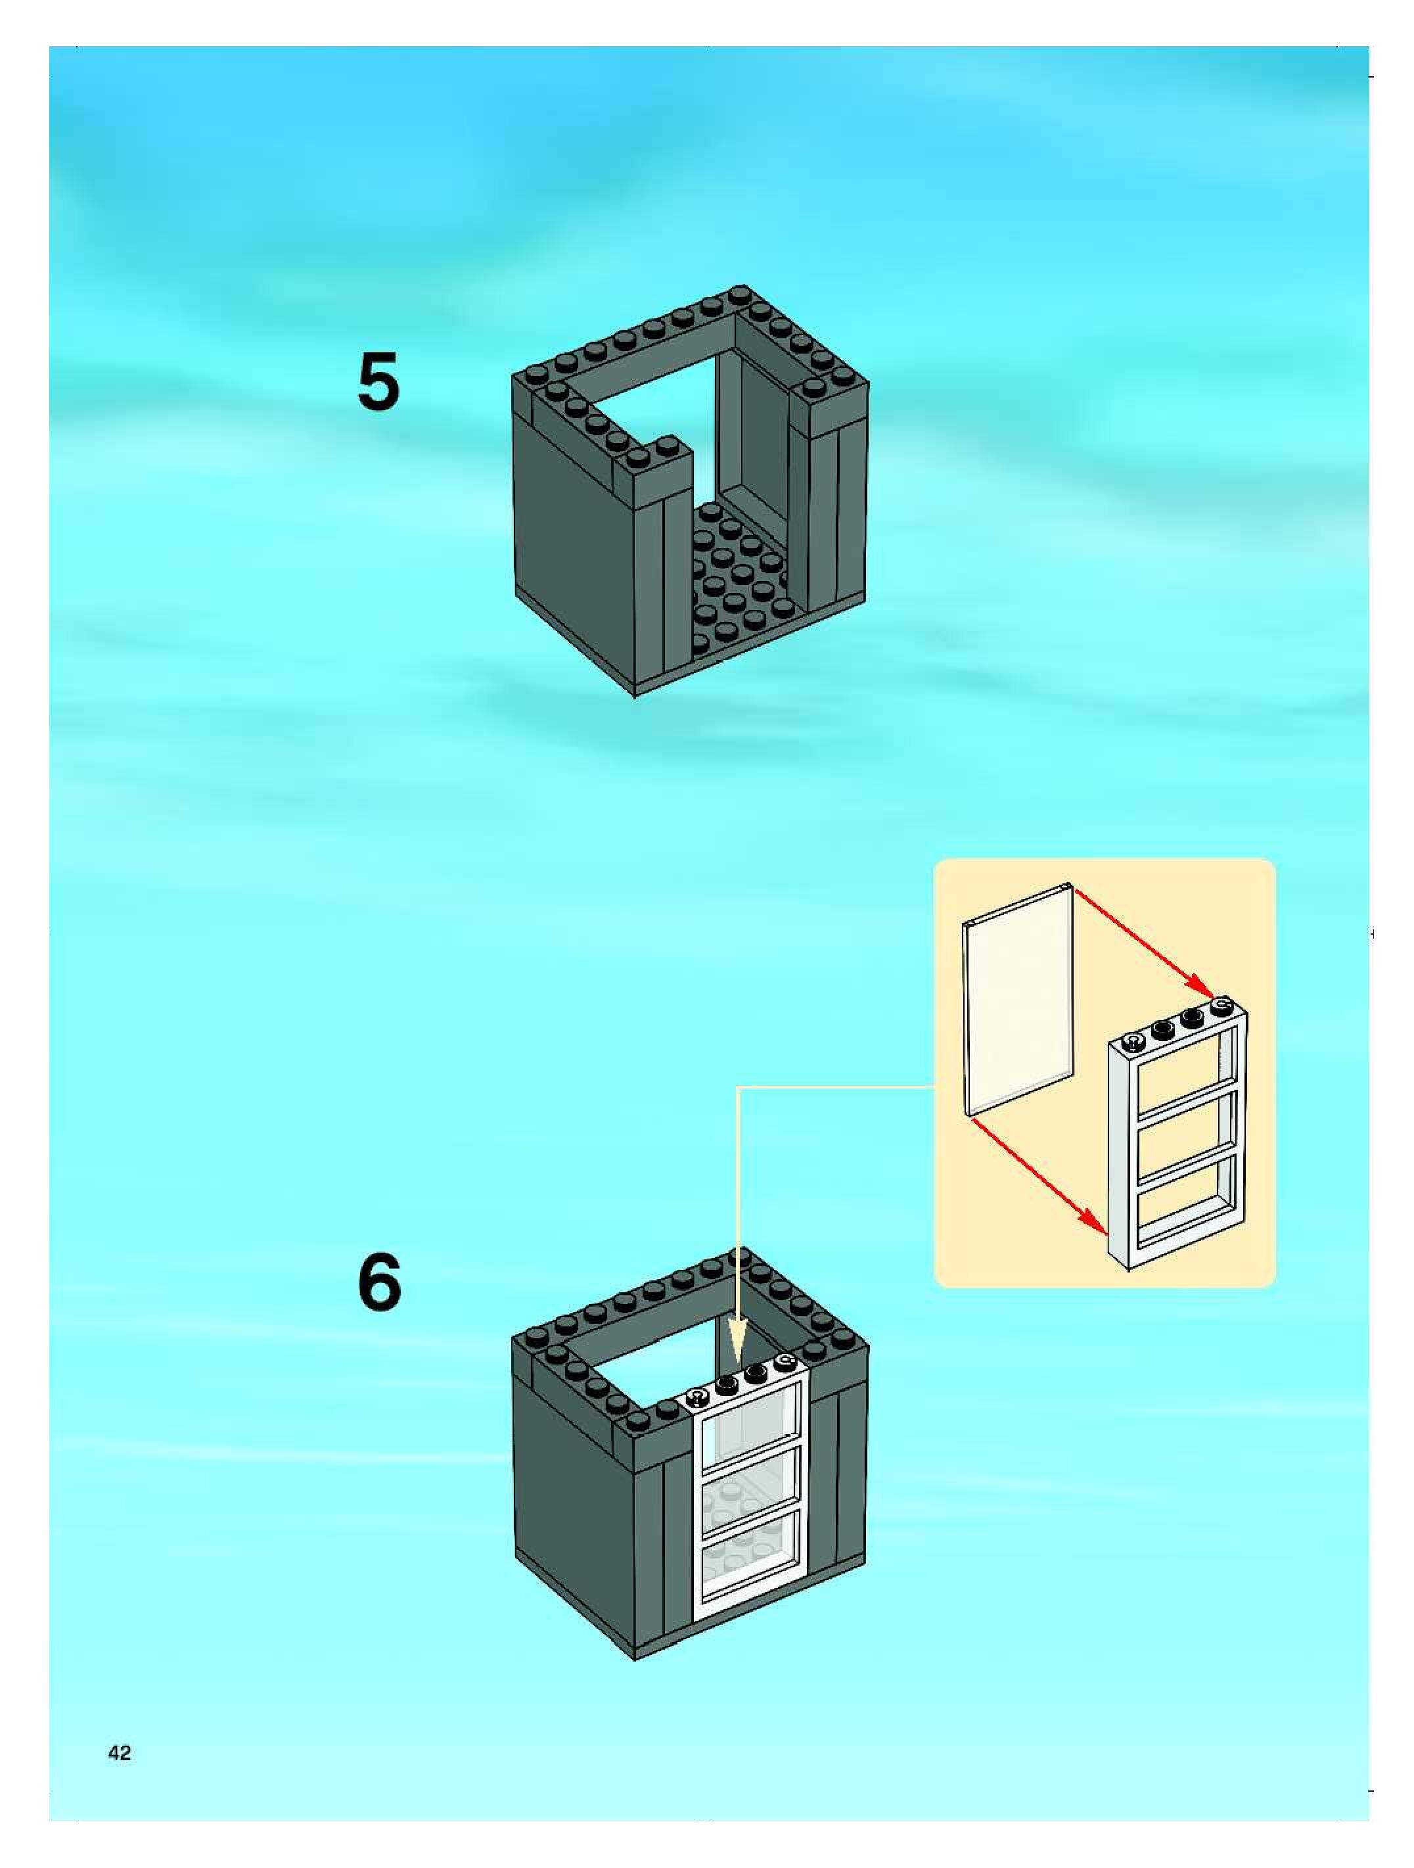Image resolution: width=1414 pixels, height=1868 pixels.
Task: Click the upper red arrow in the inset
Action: pos(1145,941)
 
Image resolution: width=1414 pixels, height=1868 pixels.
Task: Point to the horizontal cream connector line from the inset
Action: pos(836,1087)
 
